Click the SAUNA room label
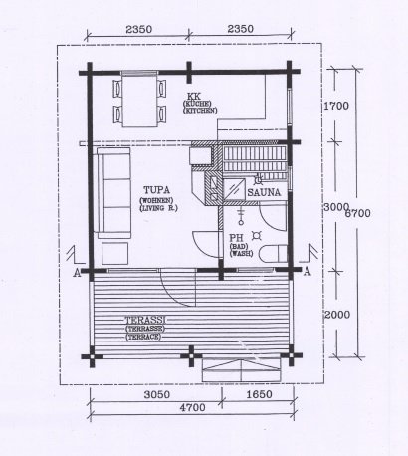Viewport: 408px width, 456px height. [264, 192]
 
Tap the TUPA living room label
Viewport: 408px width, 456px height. [156, 190]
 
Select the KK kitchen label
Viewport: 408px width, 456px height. [194, 97]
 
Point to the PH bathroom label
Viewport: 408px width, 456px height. [237, 238]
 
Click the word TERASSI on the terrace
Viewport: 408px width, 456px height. [145, 321]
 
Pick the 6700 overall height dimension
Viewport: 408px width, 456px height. [357, 213]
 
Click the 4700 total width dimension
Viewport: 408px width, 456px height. [192, 407]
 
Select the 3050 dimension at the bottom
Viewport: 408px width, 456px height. [157, 394]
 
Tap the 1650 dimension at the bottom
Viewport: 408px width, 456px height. [260, 394]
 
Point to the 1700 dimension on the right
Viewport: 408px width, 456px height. [336, 106]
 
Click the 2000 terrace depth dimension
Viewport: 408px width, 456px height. [337, 315]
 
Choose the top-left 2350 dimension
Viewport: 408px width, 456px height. [139, 29]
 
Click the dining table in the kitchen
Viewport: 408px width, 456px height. [139, 101]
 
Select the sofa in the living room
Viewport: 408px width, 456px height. [113, 192]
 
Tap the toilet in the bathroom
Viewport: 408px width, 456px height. [273, 254]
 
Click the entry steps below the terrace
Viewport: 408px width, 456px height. [242, 370]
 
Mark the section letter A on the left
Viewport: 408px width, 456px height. [77, 273]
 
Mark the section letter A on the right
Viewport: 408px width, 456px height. [307, 272]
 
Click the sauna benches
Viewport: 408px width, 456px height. [254, 158]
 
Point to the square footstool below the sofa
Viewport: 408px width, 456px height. [114, 254]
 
